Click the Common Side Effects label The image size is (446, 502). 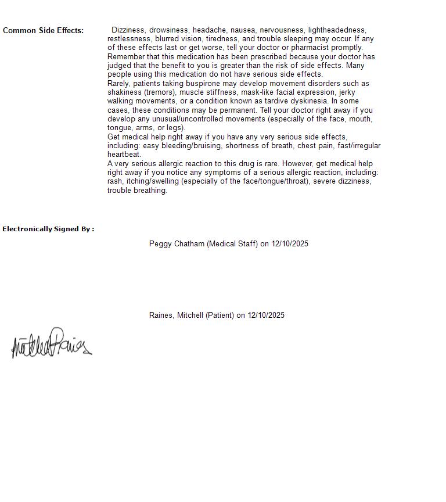(x=43, y=30)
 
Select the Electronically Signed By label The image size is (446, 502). (x=48, y=229)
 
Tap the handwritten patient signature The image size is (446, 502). (x=51, y=344)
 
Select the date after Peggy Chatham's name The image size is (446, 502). (x=289, y=244)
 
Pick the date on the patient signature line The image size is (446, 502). (x=266, y=315)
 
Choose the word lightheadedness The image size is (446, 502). (x=337, y=30)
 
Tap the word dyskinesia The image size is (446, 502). (x=309, y=101)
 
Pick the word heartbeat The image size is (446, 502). (x=124, y=155)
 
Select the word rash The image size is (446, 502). (x=114, y=181)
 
